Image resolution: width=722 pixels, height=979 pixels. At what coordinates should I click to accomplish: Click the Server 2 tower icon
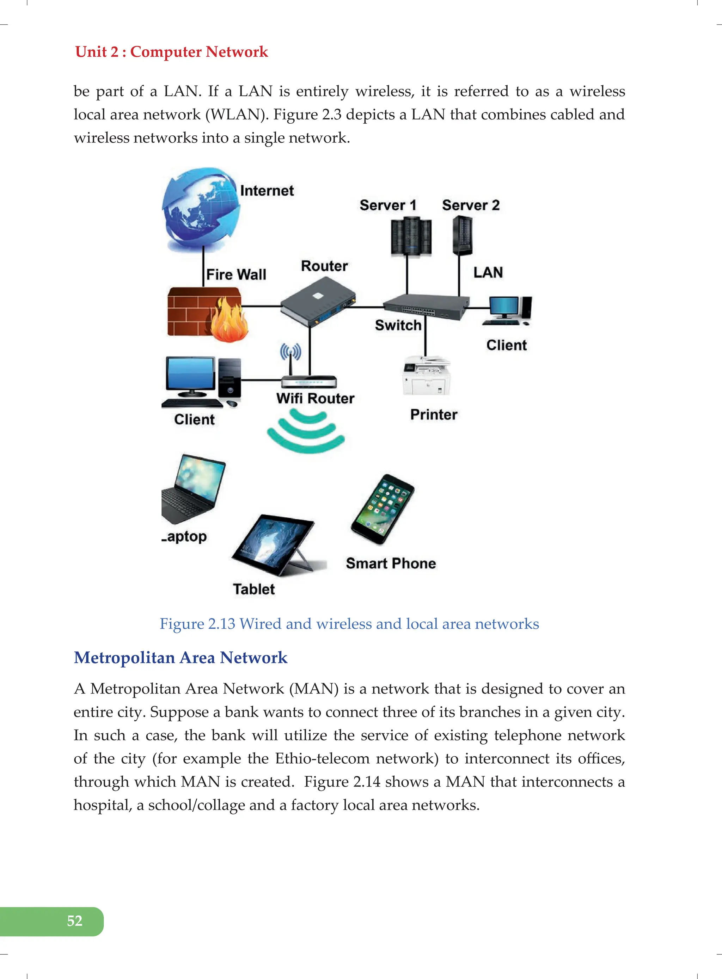462,236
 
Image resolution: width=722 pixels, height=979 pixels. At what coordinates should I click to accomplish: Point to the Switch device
425,307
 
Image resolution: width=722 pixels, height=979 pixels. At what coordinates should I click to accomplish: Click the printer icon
426,376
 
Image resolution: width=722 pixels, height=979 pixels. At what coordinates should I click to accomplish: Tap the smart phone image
383,509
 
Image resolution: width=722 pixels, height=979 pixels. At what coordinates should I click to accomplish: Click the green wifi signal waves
306,431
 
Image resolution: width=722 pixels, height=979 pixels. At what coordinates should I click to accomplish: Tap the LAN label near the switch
488,273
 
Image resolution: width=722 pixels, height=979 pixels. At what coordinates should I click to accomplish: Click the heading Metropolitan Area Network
180,658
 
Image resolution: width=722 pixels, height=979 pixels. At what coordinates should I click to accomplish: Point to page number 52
75,921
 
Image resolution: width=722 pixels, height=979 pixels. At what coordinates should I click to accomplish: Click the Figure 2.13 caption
349,624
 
